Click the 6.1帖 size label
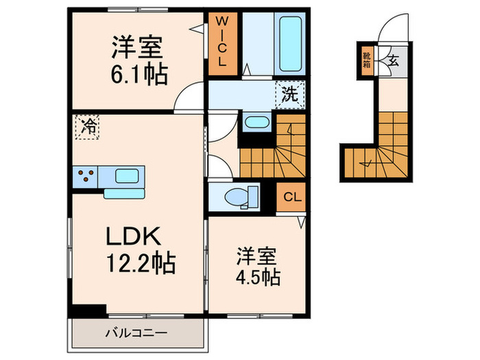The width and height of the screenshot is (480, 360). click(137, 73)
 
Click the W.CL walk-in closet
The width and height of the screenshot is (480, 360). click(221, 43)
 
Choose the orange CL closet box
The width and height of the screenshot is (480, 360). click(291, 198)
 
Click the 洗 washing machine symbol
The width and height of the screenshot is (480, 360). click(291, 95)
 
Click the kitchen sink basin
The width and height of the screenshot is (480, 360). click(128, 176)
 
